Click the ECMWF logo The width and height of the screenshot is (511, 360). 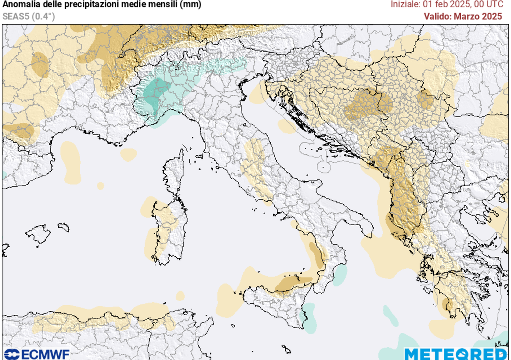tap(36, 354)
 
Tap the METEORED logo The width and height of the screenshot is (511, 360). tap(455, 354)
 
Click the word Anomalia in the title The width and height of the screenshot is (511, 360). tap(22, 5)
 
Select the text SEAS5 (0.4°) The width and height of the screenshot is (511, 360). tap(28, 16)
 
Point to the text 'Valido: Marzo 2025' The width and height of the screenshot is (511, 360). tap(463, 16)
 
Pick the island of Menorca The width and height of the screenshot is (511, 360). tap(63, 227)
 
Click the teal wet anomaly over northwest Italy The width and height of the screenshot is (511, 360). tap(160, 92)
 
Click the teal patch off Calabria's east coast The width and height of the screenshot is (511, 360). tap(340, 274)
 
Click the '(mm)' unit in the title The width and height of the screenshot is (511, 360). tap(192, 5)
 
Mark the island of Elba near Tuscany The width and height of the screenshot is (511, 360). tap(198, 156)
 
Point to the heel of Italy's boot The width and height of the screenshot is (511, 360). tap(362, 222)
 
